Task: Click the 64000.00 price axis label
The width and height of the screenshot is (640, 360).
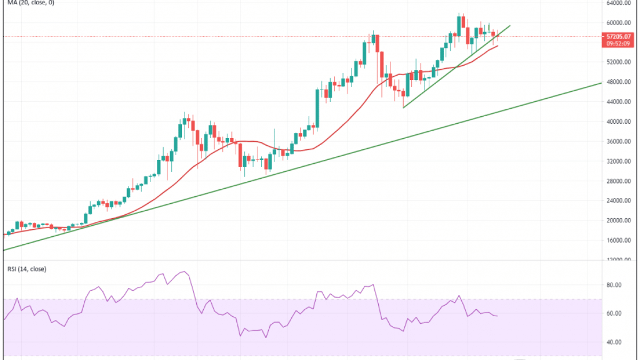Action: coord(619,3)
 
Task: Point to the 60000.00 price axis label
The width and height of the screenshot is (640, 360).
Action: coord(619,23)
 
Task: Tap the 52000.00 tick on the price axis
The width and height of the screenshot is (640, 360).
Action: coord(619,62)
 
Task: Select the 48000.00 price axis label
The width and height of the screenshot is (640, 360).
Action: coord(619,82)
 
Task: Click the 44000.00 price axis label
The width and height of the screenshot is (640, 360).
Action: coord(619,102)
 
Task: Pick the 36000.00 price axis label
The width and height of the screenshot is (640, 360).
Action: coord(619,141)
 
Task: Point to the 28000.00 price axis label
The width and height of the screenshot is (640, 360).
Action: coord(619,181)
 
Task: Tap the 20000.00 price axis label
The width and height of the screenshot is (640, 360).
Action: coord(619,221)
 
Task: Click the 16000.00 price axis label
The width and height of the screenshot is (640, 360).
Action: coord(619,241)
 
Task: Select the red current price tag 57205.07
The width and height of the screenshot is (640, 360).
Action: coord(619,36)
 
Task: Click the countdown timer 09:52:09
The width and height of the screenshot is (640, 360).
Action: coord(619,44)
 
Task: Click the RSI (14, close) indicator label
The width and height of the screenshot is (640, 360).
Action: coord(25,269)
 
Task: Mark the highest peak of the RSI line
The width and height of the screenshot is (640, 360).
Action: coord(184,272)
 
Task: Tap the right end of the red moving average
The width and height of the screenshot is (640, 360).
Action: coord(498,46)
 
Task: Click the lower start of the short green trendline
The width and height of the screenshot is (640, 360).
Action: coord(403,108)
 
